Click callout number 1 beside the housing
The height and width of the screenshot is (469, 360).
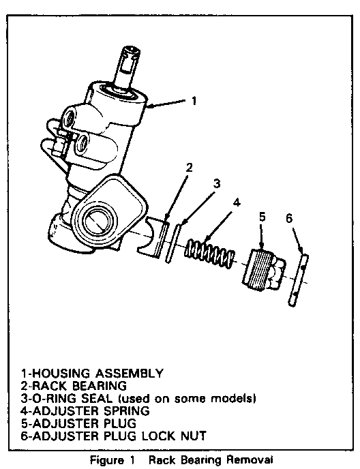(194, 100)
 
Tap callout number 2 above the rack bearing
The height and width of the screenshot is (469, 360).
(189, 168)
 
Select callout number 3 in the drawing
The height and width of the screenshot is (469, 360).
(217, 183)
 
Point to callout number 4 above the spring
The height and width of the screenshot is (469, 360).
(237, 202)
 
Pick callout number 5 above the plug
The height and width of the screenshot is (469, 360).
(262, 217)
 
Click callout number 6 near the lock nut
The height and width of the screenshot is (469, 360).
(289, 219)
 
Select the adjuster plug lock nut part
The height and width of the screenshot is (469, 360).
(299, 280)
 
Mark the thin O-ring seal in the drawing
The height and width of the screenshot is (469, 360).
(173, 243)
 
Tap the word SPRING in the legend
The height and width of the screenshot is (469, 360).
(127, 411)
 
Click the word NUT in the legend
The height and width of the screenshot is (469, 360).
(194, 436)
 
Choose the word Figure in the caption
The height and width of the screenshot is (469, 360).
(107, 460)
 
